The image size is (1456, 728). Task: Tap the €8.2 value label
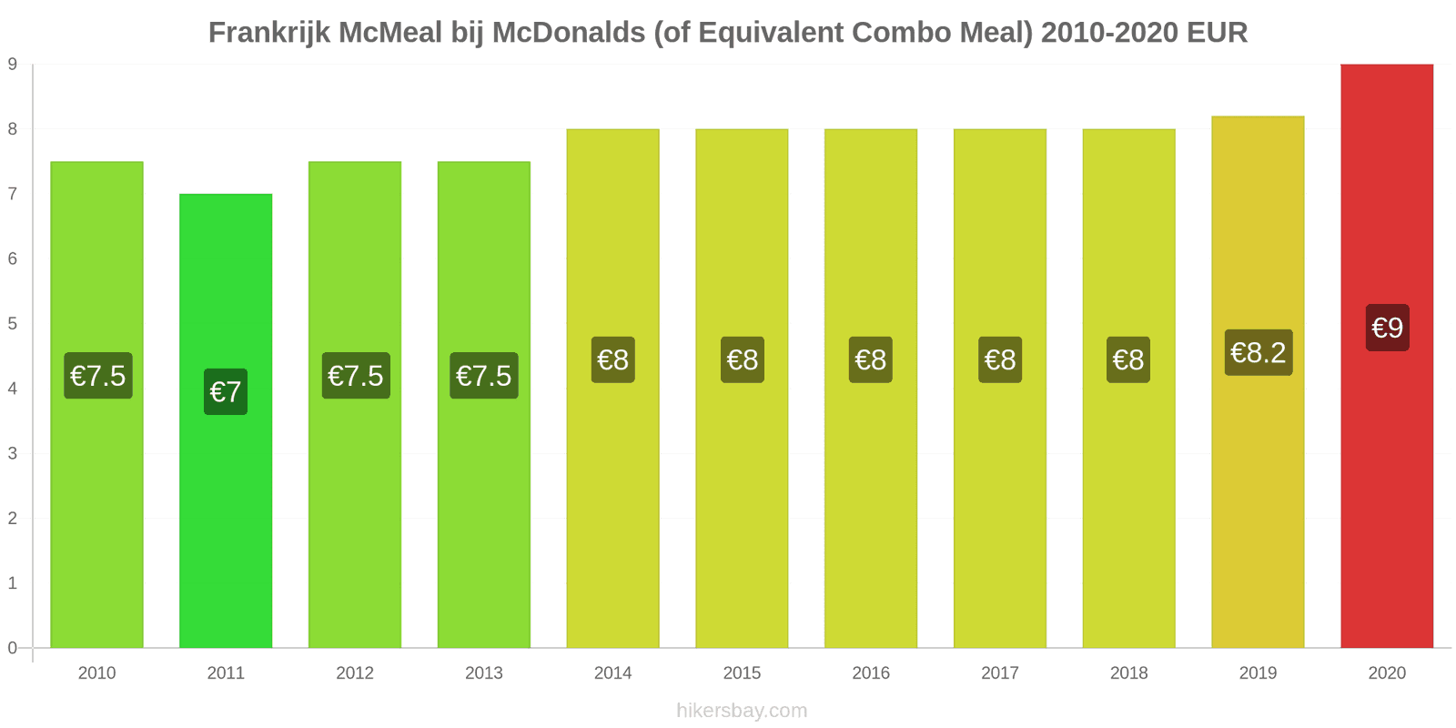pos(1259,352)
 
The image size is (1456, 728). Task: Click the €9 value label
pos(1387,328)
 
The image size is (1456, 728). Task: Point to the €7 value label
pos(226,392)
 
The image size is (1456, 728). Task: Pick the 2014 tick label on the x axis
pos(612,673)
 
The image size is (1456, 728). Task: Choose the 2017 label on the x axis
pos(999,673)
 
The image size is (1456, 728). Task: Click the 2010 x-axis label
pos(96,673)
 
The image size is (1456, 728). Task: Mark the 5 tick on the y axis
pos(13,324)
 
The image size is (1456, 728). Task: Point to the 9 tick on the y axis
pos(13,65)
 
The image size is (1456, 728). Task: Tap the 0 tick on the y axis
pos(13,648)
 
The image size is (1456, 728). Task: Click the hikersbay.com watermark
pos(742,711)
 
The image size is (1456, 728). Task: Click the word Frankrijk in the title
pos(269,33)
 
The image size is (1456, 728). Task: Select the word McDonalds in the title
pos(569,33)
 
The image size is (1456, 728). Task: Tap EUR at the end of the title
pos(1217,33)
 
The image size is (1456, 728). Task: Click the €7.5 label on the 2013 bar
pos(484,376)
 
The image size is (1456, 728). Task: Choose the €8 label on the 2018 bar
pos(1128,359)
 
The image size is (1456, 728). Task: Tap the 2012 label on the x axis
pos(355,673)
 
